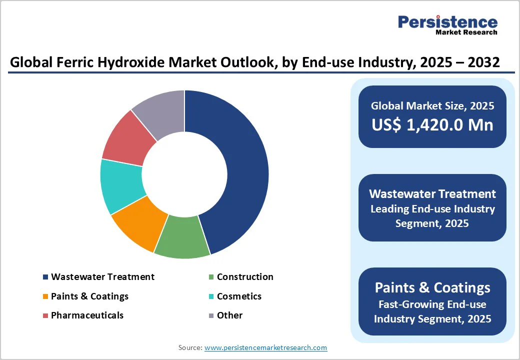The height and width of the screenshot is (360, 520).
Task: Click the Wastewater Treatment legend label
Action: pyautogui.click(x=102, y=277)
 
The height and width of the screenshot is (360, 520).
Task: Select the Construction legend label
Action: pyautogui.click(x=245, y=277)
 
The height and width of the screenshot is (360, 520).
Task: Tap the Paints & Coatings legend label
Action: pyautogui.click(x=89, y=296)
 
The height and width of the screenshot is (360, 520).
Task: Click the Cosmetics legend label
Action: pyautogui.click(x=239, y=296)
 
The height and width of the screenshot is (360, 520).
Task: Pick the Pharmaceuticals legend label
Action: pyautogui.click(x=87, y=315)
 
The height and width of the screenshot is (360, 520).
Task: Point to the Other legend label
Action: pyautogui.click(x=229, y=315)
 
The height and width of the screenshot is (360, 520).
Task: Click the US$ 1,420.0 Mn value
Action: pyautogui.click(x=432, y=124)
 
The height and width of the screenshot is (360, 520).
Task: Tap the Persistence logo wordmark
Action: pyautogui.click(x=447, y=22)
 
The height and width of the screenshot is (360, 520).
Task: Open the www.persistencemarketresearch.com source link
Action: pyautogui.click(x=265, y=347)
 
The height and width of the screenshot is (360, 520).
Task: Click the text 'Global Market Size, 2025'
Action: pyautogui.click(x=432, y=105)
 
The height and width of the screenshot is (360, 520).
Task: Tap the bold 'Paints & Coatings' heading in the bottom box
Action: pyautogui.click(x=432, y=287)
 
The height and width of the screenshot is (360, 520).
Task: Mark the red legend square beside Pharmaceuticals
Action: pyautogui.click(x=46, y=315)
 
